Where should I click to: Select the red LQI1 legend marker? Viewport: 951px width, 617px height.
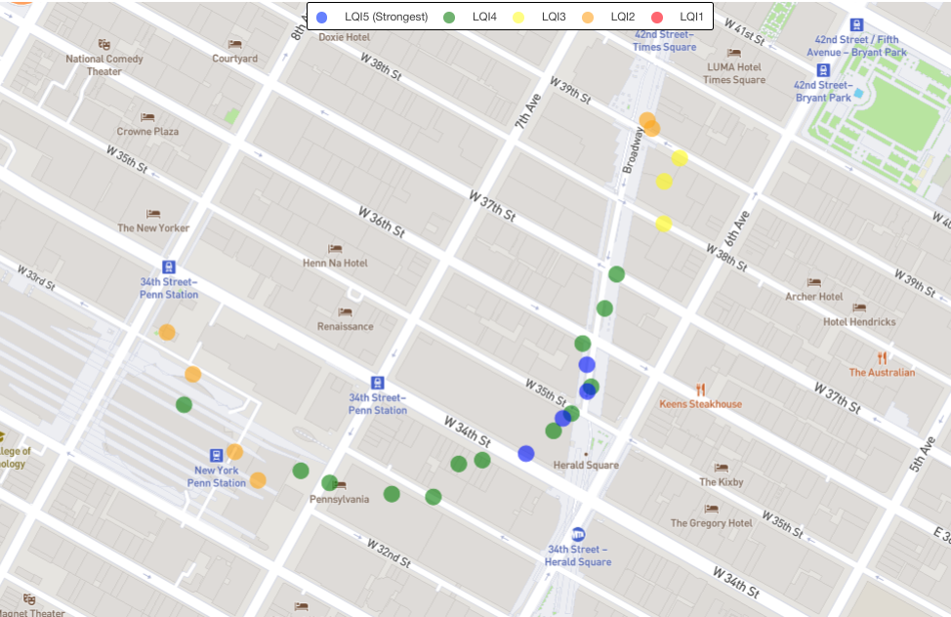pyautogui.click(x=657, y=17)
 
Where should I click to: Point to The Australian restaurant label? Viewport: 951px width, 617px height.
pyautogui.click(x=882, y=372)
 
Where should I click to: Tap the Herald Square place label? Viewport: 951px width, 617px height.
pyautogui.click(x=585, y=465)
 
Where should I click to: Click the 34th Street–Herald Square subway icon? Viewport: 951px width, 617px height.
pyautogui.click(x=578, y=534)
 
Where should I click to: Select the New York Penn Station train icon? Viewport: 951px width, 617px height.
pyautogui.click(x=217, y=455)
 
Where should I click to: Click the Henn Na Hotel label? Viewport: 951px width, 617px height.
pyautogui.click(x=335, y=263)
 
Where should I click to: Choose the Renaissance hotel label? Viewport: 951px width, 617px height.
pyautogui.click(x=345, y=326)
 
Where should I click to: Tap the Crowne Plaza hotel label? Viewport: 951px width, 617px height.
pyautogui.click(x=147, y=131)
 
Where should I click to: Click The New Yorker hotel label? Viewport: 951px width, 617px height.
pyautogui.click(x=153, y=227)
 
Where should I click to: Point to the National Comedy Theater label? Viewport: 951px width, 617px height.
pyautogui.click(x=104, y=64)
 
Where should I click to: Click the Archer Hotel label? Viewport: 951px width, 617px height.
pyautogui.click(x=813, y=296)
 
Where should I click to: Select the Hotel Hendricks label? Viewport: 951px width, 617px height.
pyautogui.click(x=859, y=321)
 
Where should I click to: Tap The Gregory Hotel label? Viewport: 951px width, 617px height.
pyautogui.click(x=711, y=522)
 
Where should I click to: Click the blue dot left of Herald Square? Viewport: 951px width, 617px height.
pyautogui.click(x=526, y=453)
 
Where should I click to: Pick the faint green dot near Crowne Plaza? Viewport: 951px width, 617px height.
pyautogui.click(x=231, y=117)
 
